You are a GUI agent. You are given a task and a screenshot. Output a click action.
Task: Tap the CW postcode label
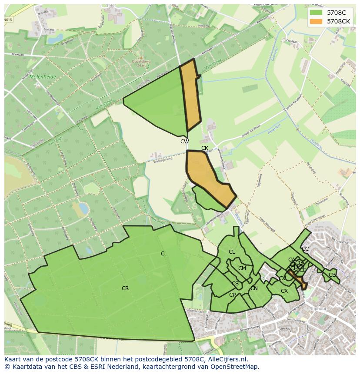coord(185,141)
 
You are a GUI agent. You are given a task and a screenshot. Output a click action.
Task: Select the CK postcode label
coord(205,148)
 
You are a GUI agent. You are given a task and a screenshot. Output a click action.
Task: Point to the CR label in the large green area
coord(125,288)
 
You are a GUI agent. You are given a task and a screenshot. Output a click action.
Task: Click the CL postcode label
coord(232,252)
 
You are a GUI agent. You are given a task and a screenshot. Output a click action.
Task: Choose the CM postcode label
coord(242,268)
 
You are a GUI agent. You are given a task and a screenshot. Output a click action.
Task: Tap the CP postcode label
coord(232,295)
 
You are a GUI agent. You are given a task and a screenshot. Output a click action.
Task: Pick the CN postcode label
coord(254,288)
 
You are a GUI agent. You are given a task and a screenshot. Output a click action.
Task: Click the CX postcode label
coord(284,291)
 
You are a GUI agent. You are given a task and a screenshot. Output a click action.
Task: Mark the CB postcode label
coord(332,275)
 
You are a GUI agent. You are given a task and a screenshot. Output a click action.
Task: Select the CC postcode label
coord(305,249)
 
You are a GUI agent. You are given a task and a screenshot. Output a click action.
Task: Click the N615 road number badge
coord(8,20)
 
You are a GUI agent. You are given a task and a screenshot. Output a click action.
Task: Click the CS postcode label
coord(235,284)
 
